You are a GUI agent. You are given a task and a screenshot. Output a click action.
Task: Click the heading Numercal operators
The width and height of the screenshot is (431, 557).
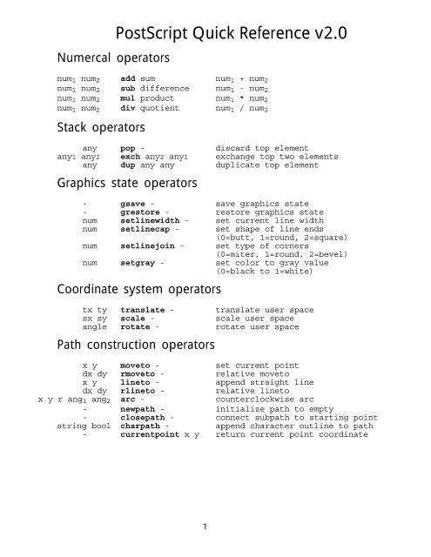112,59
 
